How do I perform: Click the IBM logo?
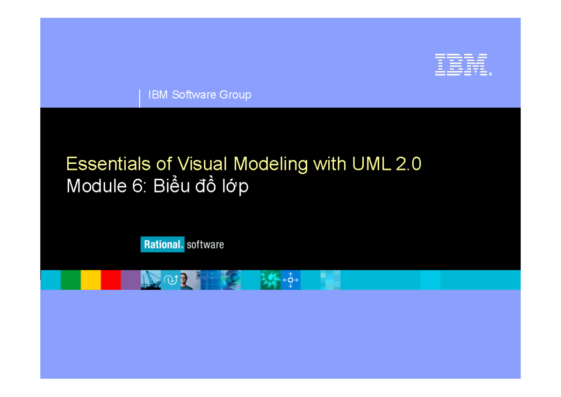click(462, 65)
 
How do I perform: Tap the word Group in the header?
click(236, 95)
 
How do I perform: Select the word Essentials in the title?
click(103, 164)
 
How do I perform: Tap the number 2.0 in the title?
click(408, 164)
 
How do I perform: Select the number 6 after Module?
click(131, 186)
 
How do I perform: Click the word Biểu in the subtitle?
click(170, 186)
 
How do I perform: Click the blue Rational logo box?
click(162, 244)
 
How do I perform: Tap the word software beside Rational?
click(205, 244)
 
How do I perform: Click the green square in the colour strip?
click(71, 280)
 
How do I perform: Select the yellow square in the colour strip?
click(91, 280)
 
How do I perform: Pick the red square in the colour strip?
click(111, 280)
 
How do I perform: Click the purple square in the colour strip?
click(131, 280)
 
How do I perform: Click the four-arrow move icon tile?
click(290, 280)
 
